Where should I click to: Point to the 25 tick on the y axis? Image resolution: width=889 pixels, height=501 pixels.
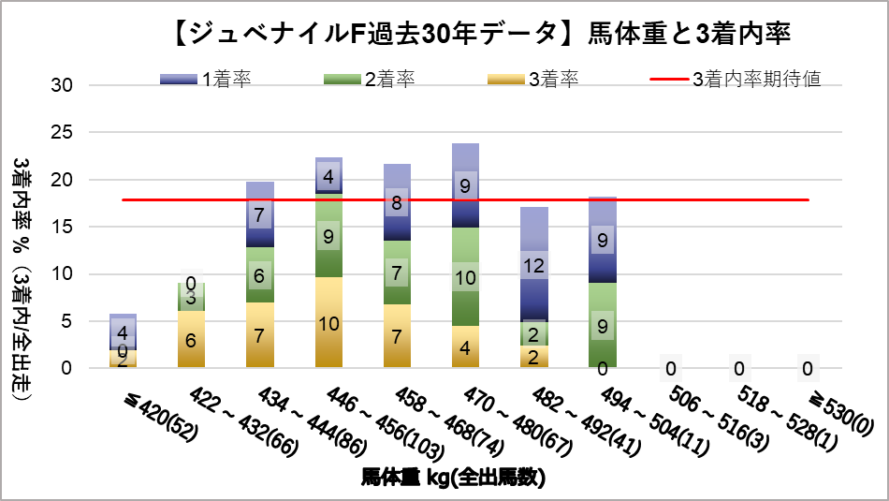click(x=62, y=132)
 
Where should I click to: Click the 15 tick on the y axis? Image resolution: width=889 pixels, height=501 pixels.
click(x=62, y=227)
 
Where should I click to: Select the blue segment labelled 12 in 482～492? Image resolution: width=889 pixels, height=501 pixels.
click(x=533, y=266)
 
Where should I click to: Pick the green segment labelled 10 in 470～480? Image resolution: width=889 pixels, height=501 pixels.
click(x=465, y=277)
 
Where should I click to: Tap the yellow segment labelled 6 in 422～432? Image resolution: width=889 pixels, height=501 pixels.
click(x=191, y=339)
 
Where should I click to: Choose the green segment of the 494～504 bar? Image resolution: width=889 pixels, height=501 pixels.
click(x=602, y=325)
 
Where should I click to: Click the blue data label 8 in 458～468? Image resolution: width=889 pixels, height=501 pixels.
click(x=398, y=201)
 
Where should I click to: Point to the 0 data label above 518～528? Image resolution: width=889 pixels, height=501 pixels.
click(x=737, y=368)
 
